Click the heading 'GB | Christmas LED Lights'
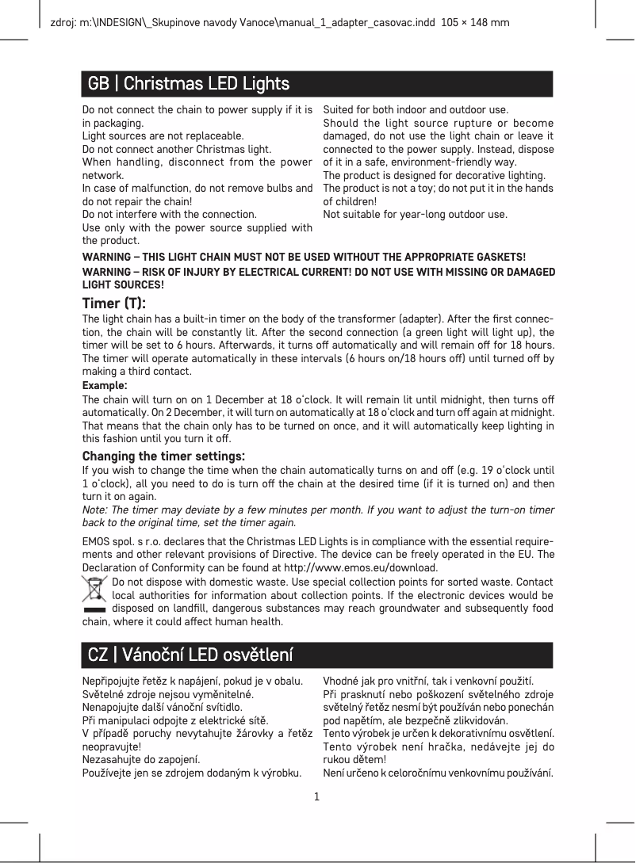[188, 83]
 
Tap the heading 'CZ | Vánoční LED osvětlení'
[190, 655]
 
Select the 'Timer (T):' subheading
[114, 304]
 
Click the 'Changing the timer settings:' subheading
[163, 456]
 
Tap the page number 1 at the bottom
[317, 795]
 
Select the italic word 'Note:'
[96, 510]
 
